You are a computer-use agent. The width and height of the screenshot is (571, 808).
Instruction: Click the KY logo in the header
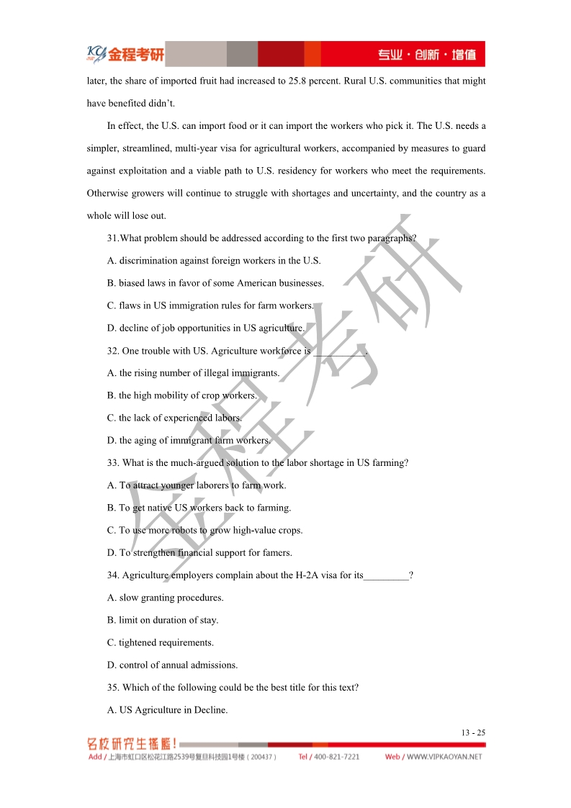tap(96, 53)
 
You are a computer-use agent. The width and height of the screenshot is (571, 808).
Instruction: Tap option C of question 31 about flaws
tap(210, 305)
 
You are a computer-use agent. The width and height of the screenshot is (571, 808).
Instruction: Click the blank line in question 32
tap(339, 351)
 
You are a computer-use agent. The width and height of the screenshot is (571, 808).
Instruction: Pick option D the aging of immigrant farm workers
tap(189, 440)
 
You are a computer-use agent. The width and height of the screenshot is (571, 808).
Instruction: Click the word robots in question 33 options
tap(184, 530)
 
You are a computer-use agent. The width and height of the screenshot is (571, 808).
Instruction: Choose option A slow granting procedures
tap(165, 597)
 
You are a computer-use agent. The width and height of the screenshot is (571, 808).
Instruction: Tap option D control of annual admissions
tap(172, 665)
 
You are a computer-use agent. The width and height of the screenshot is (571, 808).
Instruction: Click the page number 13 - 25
tap(473, 732)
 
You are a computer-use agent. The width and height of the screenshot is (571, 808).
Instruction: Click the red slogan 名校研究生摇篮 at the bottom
tap(132, 744)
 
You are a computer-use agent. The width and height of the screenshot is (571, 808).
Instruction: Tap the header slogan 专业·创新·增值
tap(428, 55)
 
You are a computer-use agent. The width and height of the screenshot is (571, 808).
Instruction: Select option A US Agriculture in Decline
tap(167, 709)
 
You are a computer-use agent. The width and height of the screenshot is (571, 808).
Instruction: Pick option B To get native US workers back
tap(199, 508)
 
